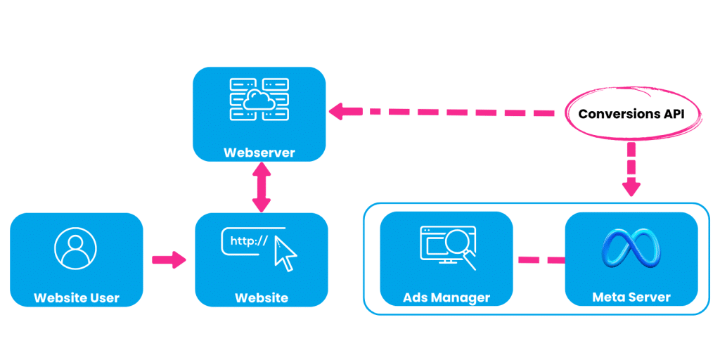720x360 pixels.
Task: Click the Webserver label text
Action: [x=259, y=153]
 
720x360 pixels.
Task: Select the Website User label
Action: [x=77, y=298]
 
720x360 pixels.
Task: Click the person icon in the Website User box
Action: [x=76, y=248]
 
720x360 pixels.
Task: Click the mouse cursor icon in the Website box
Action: [x=285, y=254]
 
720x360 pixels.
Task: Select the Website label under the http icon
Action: [x=261, y=298]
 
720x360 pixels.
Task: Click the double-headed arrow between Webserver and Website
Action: [x=262, y=187]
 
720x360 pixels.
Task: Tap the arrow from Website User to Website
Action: [x=169, y=260]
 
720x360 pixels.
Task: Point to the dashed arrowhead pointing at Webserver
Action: [x=337, y=110]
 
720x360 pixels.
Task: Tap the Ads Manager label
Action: [x=446, y=298]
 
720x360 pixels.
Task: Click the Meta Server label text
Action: [x=631, y=298]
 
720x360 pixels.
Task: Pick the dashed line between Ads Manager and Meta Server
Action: [x=541, y=260]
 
